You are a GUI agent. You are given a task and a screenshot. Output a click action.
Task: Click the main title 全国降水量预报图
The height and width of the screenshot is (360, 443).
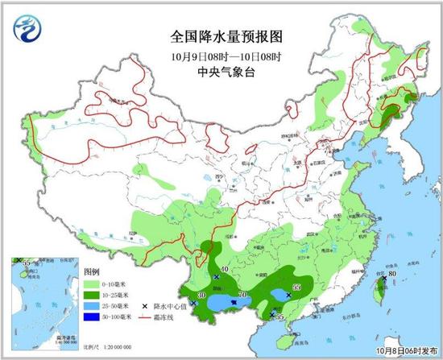[223, 36]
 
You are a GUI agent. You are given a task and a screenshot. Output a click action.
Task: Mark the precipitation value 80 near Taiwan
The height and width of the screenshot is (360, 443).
[392, 275]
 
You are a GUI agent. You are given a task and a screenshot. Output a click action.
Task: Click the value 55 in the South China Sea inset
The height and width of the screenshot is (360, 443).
[26, 263]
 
